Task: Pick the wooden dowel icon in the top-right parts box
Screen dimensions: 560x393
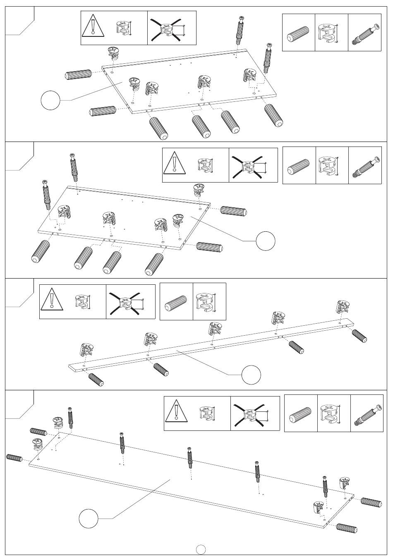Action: [x=298, y=34]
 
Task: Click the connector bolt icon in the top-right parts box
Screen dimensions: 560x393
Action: [x=365, y=34]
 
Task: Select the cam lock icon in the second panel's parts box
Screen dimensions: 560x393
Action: [x=331, y=166]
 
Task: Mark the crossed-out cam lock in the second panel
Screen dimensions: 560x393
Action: [x=249, y=166]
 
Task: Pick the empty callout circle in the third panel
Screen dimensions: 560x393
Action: [x=252, y=375]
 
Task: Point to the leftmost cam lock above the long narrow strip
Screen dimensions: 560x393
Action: [x=87, y=350]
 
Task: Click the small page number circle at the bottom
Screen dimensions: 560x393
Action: [x=201, y=549]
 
